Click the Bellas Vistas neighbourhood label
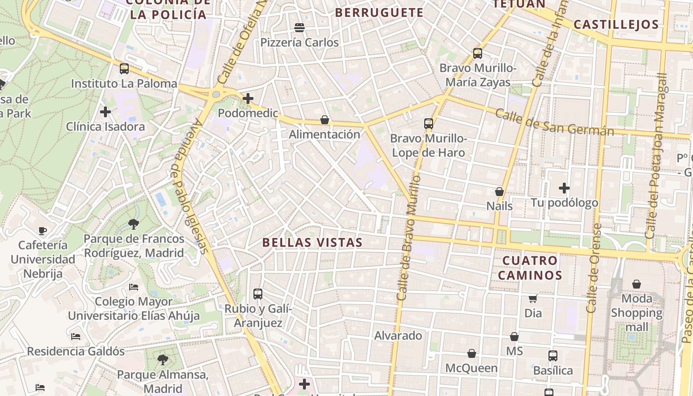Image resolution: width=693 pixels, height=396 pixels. (312, 243)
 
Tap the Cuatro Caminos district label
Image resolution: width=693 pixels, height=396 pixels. (530, 268)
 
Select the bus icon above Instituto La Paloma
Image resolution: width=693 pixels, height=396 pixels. (124, 69)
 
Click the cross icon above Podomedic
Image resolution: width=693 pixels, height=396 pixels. (248, 99)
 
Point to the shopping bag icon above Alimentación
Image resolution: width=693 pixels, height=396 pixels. (325, 120)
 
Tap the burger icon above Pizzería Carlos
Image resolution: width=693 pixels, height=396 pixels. (299, 27)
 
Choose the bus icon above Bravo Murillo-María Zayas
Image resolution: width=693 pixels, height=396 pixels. (478, 53)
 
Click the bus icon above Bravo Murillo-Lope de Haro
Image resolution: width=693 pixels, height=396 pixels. (429, 124)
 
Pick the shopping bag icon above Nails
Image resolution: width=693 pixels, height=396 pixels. (499, 192)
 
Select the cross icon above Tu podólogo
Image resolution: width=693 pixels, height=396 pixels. (564, 188)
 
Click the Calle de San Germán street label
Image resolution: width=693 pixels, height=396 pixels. (554, 123)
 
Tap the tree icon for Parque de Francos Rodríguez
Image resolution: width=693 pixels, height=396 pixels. (133, 224)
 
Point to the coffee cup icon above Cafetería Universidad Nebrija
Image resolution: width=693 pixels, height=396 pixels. (43, 231)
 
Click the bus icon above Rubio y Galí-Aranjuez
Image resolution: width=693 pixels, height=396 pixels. (258, 294)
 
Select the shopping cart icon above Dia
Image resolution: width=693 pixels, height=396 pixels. (533, 298)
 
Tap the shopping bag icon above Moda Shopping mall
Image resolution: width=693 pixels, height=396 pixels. (637, 284)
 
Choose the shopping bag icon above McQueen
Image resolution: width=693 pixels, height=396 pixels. (472, 354)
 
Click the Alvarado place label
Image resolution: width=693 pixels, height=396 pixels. (398, 336)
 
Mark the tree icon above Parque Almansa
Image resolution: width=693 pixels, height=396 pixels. (163, 360)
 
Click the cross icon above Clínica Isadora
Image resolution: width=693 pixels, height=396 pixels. (105, 112)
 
